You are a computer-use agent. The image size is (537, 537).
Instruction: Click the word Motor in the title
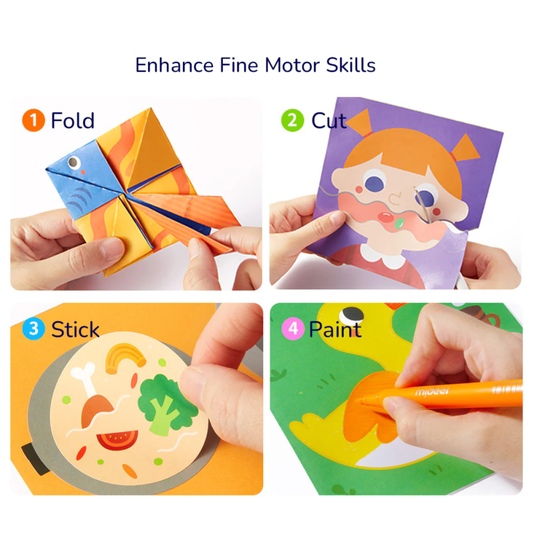[293, 65]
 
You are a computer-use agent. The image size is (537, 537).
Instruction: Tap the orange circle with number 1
[33, 121]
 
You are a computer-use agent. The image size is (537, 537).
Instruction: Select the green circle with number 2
[292, 120]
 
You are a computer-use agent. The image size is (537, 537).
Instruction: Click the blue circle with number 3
[33, 329]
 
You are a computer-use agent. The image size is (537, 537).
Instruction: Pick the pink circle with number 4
[294, 329]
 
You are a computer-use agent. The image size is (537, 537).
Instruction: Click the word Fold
[72, 121]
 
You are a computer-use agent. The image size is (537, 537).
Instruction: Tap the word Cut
[329, 121]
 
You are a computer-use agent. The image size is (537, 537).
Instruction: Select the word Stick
[75, 329]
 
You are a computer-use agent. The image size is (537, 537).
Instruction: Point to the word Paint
[335, 329]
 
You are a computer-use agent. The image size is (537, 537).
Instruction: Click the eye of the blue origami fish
[72, 161]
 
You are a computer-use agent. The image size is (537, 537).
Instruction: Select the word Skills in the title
[351, 65]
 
